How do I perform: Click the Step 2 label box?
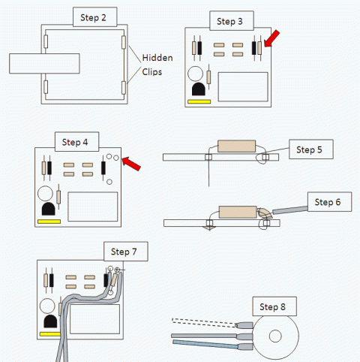point(94,17)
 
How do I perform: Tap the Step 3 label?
point(232,21)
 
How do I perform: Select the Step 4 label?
point(76,142)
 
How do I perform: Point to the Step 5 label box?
point(311,149)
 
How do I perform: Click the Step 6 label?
point(329,202)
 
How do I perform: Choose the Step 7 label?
point(126,252)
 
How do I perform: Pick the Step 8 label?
point(274,306)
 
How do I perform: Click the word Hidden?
point(157,58)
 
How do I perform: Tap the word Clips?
point(152,72)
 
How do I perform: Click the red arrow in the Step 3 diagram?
point(271,38)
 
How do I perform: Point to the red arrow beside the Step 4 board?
point(131,164)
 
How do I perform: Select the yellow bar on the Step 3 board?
point(199,101)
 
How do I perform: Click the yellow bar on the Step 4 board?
point(49,222)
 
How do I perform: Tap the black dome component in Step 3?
point(199,89)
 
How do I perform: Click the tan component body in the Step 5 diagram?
point(236,146)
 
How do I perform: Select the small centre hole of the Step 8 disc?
point(275,336)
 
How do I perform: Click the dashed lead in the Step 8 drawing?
point(204,322)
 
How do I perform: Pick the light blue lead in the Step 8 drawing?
point(205,344)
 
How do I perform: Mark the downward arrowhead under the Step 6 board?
point(209,228)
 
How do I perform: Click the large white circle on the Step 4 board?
point(45,193)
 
